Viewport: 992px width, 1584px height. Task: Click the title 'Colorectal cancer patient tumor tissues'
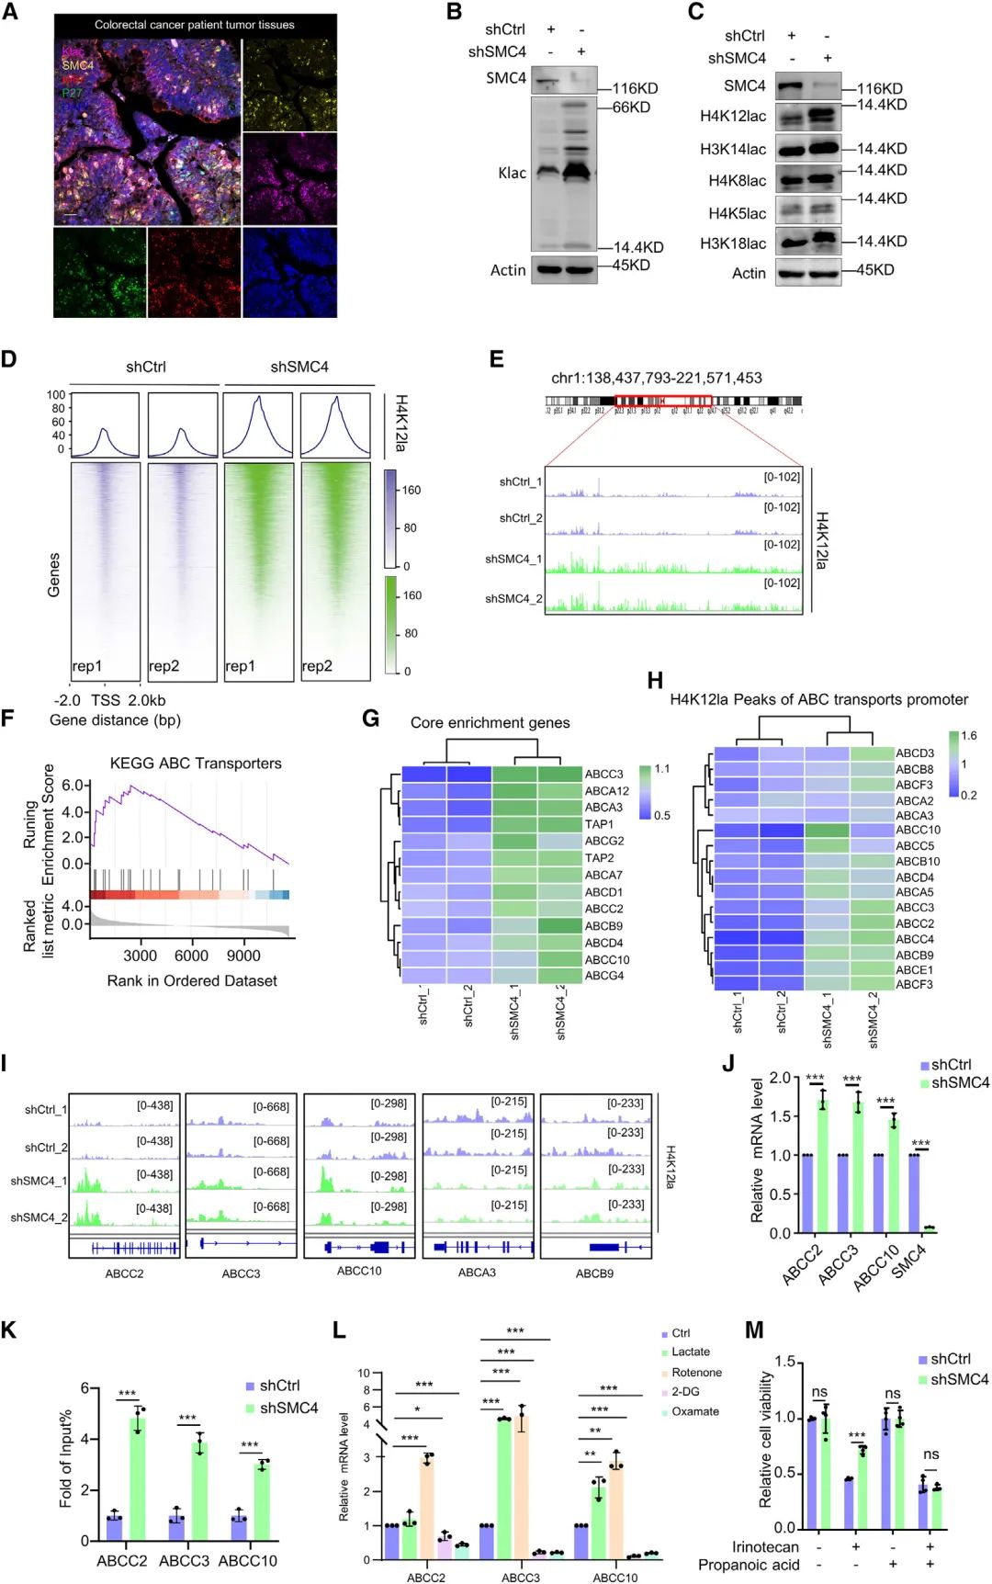click(x=195, y=25)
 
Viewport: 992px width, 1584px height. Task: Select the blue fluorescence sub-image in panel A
click(x=289, y=272)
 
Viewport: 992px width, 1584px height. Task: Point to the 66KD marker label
click(x=632, y=107)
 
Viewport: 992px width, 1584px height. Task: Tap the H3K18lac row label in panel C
click(x=732, y=243)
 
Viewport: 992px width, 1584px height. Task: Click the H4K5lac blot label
click(x=737, y=214)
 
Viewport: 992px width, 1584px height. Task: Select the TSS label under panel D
click(x=106, y=700)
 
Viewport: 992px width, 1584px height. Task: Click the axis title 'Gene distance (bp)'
click(x=115, y=720)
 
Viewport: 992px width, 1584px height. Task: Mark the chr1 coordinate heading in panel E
click(x=656, y=378)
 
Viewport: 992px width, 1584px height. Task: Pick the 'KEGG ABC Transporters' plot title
click(x=196, y=764)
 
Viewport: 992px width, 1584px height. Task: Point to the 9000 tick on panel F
click(x=243, y=956)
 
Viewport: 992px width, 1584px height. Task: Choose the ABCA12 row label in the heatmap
click(x=607, y=791)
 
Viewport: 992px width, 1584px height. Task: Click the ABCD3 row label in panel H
click(x=915, y=753)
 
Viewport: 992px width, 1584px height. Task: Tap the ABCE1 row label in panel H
click(x=915, y=969)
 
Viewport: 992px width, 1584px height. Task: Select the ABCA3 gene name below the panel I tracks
click(x=477, y=1273)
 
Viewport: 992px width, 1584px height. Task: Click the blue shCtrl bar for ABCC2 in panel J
click(x=807, y=1193)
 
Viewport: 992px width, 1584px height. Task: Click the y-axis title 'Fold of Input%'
click(x=65, y=1458)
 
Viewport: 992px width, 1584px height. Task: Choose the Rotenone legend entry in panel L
click(x=696, y=1373)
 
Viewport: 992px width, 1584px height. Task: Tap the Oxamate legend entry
click(x=694, y=1411)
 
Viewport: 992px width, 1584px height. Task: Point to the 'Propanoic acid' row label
click(x=749, y=1565)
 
